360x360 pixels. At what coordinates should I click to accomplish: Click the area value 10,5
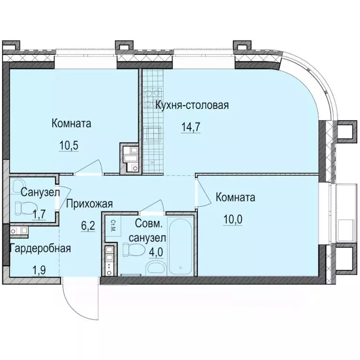(x=68, y=144)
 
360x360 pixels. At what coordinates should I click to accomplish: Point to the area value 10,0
(x=232, y=218)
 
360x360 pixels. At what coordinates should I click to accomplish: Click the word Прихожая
(x=89, y=203)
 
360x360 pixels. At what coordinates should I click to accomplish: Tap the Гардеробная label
(x=41, y=248)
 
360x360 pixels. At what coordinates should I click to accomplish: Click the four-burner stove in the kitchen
(x=153, y=96)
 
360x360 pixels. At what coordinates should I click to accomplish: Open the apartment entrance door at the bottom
(x=80, y=300)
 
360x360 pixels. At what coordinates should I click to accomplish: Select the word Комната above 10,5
(x=71, y=124)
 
